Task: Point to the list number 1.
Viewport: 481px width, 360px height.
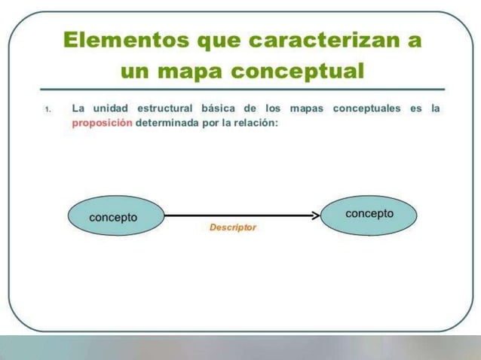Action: click(47, 110)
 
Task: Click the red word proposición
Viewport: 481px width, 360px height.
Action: click(102, 124)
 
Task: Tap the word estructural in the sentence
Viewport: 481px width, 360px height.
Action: click(161, 108)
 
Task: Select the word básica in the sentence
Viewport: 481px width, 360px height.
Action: click(213, 108)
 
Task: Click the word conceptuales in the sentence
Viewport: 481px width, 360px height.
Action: click(366, 108)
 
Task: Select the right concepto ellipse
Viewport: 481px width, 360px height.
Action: click(369, 214)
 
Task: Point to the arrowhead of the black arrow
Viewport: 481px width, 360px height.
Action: click(314, 215)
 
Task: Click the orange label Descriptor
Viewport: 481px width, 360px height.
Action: click(233, 227)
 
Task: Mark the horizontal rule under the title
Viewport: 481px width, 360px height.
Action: click(241, 89)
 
